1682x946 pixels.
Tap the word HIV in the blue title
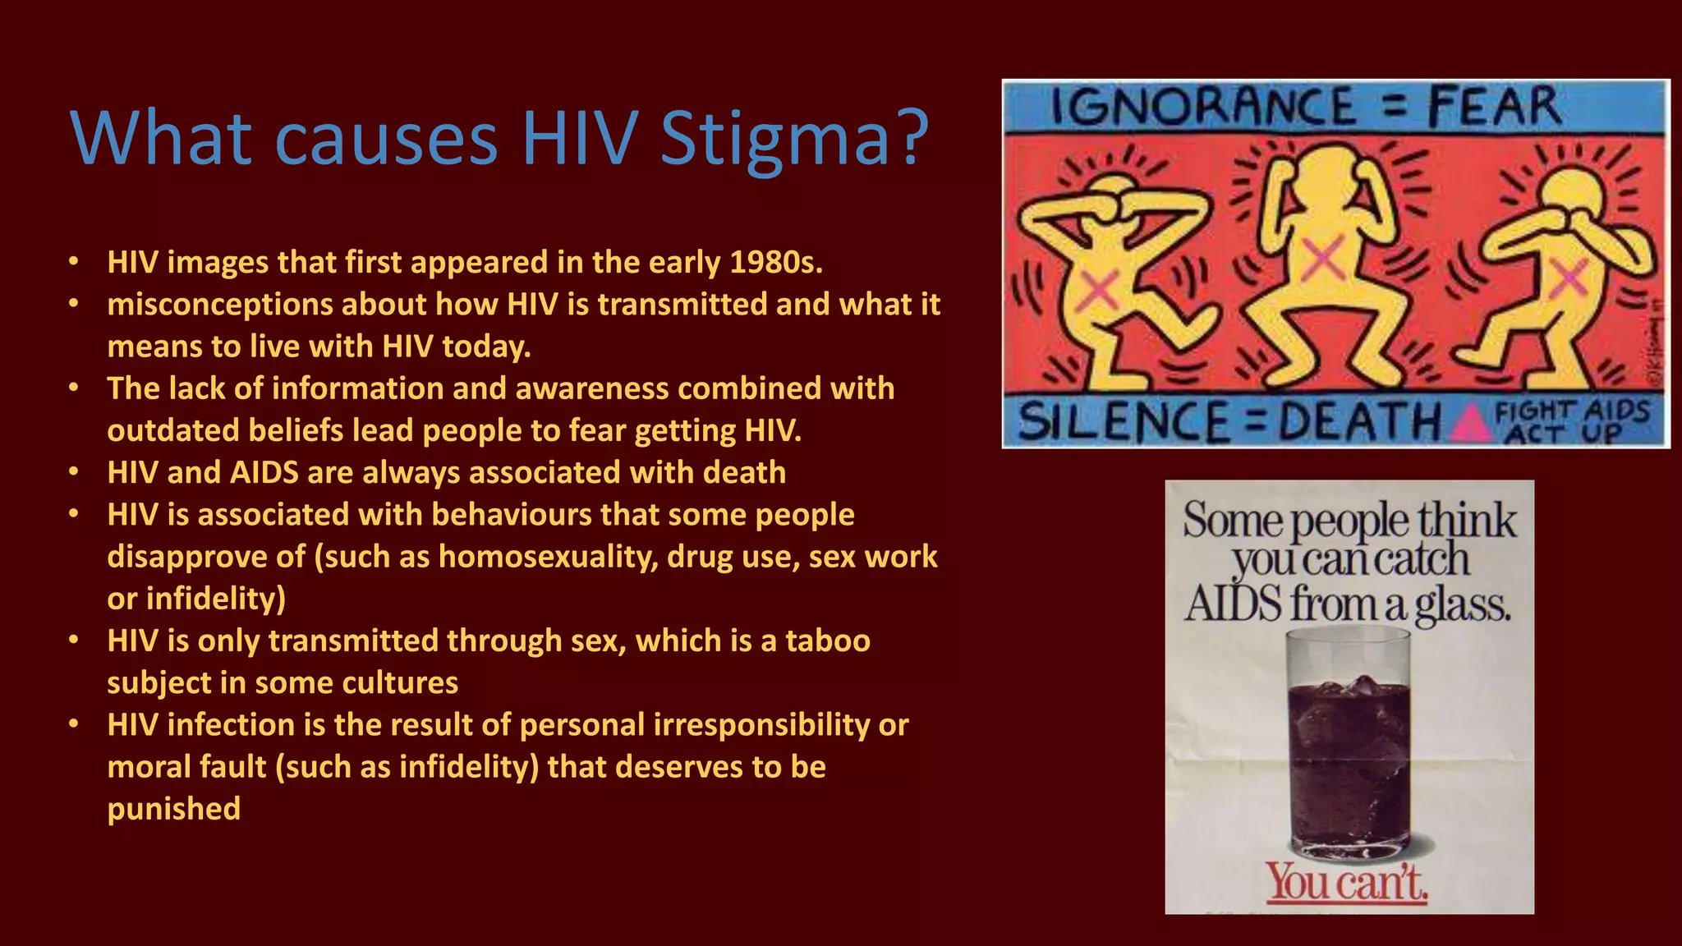(x=580, y=137)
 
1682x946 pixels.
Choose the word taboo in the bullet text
(x=827, y=641)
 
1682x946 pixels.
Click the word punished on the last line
(x=174, y=809)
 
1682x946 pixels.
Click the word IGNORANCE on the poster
(x=1203, y=108)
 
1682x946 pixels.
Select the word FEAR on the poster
(x=1493, y=108)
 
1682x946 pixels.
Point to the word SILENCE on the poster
(x=1124, y=422)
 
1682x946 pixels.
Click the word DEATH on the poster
(x=1359, y=422)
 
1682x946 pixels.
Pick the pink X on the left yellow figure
(x=1099, y=290)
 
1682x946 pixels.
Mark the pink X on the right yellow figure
(x=1567, y=278)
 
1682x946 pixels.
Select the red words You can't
(x=1347, y=883)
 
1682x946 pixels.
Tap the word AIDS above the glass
(x=1233, y=604)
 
